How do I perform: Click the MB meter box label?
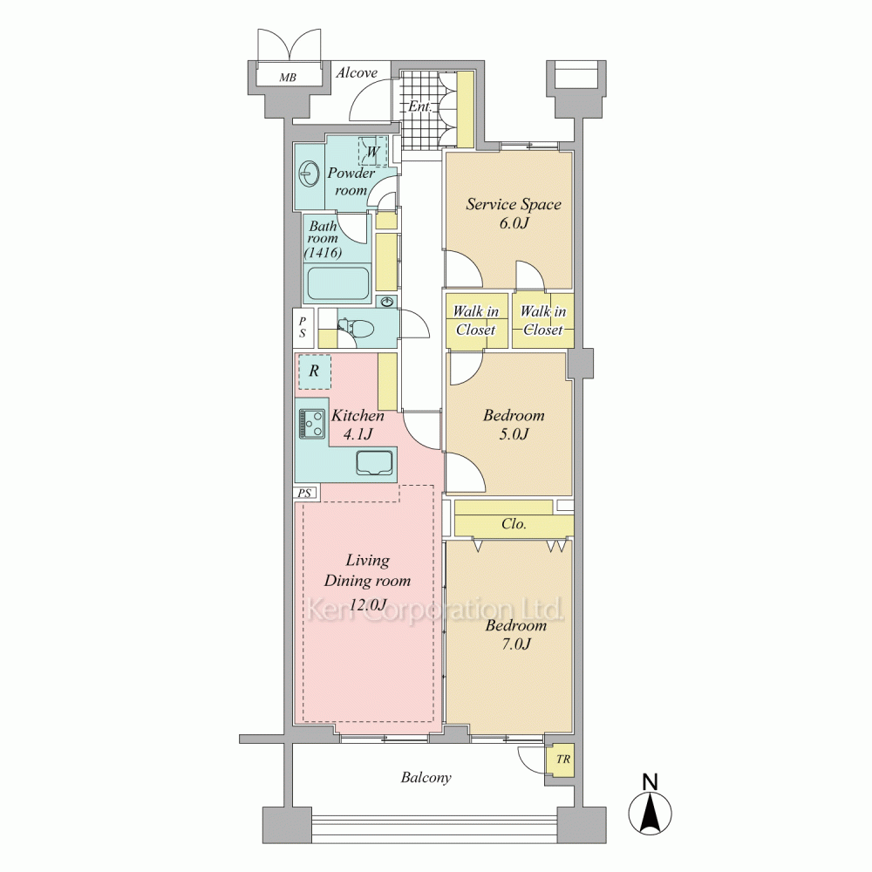288,78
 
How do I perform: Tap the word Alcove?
357,73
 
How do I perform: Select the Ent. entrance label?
420,106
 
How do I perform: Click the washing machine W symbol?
372,151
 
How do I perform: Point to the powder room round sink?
309,174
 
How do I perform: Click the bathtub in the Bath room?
338,284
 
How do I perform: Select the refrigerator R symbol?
314,371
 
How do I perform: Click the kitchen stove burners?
312,423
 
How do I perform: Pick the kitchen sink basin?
375,463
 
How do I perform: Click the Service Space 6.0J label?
514,214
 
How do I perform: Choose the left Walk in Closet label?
476,321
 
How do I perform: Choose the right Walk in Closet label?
543,320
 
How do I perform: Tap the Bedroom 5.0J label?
514,425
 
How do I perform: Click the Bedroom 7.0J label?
516,635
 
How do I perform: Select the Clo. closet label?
514,524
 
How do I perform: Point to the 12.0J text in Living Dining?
368,604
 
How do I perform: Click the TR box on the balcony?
562,760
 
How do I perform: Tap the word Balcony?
426,778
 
